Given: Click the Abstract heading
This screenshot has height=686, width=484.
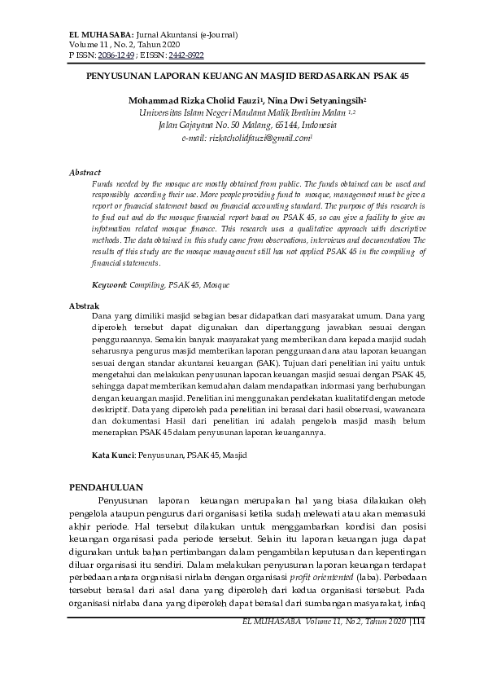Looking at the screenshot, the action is tap(85, 173).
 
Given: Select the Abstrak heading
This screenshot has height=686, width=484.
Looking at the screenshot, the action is tap(84, 305).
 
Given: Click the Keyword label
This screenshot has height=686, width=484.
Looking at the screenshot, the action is tap(109, 285).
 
